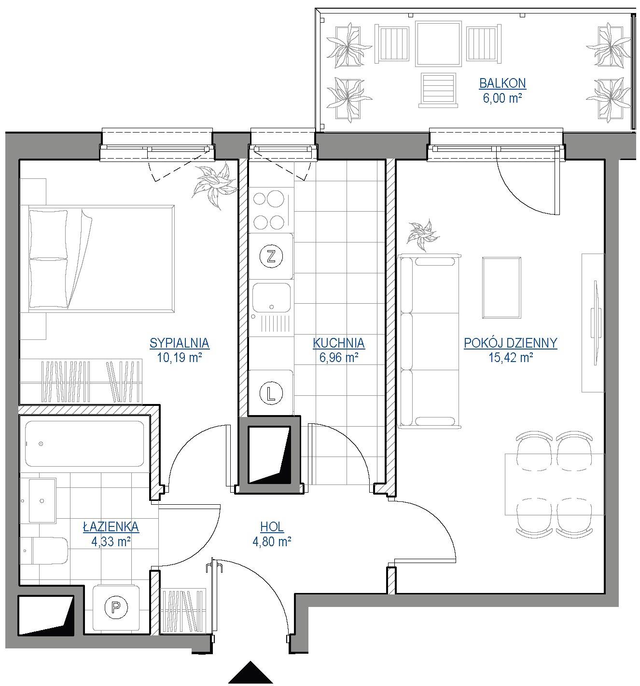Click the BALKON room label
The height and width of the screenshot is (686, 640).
pos(502,83)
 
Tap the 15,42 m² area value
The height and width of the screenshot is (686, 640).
pos(510,358)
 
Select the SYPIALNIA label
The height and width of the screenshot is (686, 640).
pos(179,343)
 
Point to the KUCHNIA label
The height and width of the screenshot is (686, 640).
pos(338,343)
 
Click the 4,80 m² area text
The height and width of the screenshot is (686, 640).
pos(272,541)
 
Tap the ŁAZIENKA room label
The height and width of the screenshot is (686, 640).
pos(111,526)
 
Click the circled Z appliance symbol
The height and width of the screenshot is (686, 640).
pos(271,256)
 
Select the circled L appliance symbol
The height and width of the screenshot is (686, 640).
pos(271,393)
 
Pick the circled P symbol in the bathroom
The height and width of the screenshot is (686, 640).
pos(116,606)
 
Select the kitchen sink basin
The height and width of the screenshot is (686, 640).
pos(271,297)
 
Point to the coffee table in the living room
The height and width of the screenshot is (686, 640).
pos(501,288)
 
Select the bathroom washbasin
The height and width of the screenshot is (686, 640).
pos(42,500)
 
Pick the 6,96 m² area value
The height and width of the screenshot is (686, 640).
pos(338,358)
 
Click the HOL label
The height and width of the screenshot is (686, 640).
pos(272,527)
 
